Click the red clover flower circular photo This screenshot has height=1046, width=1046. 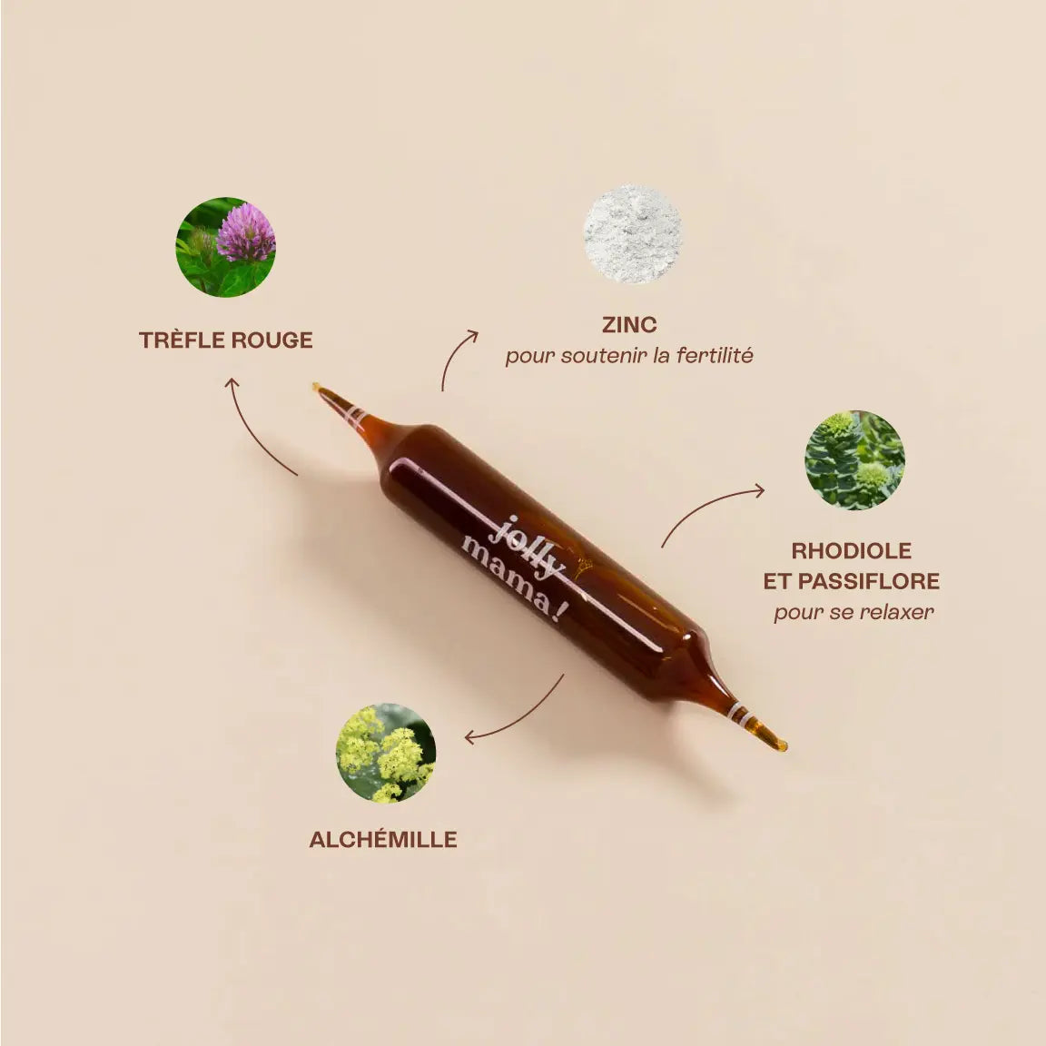coord(225,247)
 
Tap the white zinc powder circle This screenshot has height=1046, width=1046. coord(632,233)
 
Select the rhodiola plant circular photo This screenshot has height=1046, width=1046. coord(854,459)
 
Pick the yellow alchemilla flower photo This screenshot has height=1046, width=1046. coord(386,753)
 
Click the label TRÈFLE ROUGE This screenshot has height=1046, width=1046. coord(225,340)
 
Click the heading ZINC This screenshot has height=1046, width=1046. coord(629,324)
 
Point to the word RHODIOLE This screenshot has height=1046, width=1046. coord(851,550)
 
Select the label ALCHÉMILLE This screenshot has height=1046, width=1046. coord(383,840)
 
